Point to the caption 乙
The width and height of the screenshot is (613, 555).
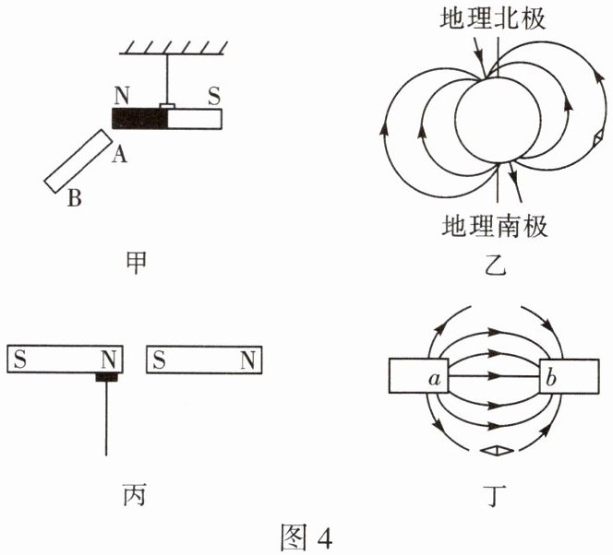coord(496,268)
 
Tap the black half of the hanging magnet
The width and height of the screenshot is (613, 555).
coord(138,118)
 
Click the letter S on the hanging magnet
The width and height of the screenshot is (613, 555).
coord(213,94)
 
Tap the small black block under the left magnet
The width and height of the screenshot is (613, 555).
coord(107,377)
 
